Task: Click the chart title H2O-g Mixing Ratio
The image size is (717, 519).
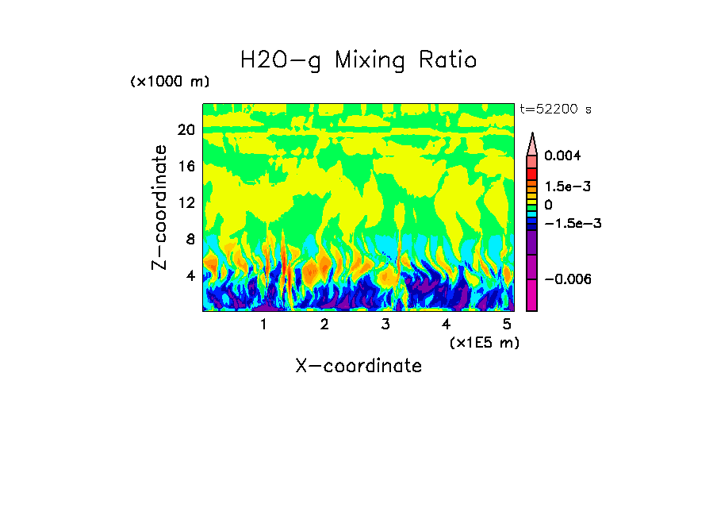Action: point(358,60)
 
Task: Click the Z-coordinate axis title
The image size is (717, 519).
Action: point(160,207)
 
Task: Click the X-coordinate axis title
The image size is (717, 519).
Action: point(358,366)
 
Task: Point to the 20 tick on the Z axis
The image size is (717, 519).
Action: point(186,130)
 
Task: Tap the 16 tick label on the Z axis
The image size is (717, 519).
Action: point(186,167)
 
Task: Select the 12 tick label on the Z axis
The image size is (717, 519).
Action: point(186,203)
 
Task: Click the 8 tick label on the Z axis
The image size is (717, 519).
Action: point(190,240)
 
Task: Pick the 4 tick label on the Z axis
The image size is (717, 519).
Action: point(190,276)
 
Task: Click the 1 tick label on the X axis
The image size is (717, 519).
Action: point(263,324)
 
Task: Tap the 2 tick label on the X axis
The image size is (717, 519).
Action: point(324,324)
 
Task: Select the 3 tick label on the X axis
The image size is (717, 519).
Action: point(385,324)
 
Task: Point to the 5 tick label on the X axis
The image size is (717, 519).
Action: point(507,324)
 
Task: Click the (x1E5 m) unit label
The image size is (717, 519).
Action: point(484,342)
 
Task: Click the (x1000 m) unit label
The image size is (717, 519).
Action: point(170,83)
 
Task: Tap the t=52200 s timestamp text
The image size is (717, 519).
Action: point(555,109)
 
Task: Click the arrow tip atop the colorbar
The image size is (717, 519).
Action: point(532,135)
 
